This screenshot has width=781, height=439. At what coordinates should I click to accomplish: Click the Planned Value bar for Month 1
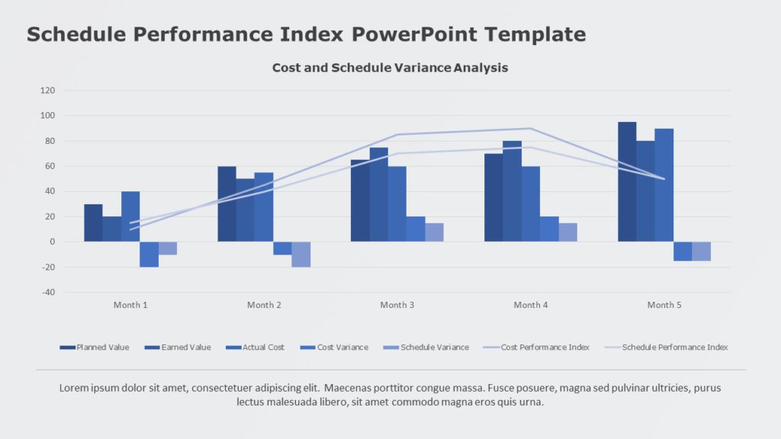tap(93, 223)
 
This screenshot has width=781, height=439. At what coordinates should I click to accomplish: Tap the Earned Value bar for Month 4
tap(512, 191)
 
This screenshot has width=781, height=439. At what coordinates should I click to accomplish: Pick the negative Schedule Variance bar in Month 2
tap(301, 255)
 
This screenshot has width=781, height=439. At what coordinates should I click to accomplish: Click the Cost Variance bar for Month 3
tap(415, 229)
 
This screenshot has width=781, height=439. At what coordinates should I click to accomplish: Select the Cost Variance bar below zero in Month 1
tap(149, 255)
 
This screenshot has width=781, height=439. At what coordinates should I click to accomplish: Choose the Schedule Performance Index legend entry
tap(674, 348)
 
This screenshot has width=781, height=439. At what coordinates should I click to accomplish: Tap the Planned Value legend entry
tap(102, 348)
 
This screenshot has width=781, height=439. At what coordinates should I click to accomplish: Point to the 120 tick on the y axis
tap(47, 90)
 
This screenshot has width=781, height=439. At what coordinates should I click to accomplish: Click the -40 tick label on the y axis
tap(47, 292)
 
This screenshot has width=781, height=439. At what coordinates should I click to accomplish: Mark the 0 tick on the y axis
tap(52, 242)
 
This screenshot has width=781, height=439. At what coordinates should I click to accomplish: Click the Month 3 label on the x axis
tap(397, 305)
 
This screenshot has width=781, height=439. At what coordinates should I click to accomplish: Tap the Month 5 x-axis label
tap(664, 305)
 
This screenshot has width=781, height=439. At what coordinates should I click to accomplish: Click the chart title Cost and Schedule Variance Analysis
tap(390, 68)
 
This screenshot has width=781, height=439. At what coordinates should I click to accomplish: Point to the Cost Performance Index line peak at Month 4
tap(530, 128)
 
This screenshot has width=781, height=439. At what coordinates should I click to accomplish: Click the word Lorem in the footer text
tap(74, 388)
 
